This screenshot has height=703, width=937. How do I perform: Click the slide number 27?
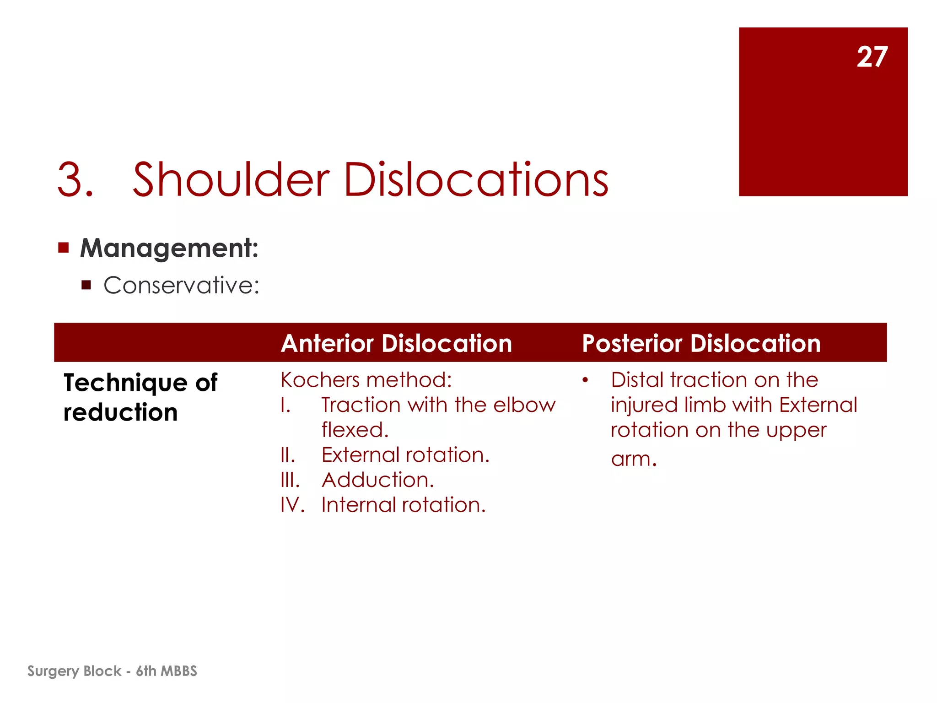click(872, 57)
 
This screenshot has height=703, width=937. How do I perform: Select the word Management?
click(169, 248)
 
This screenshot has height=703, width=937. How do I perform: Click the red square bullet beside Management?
click(64, 248)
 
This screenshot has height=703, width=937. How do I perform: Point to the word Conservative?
click(181, 286)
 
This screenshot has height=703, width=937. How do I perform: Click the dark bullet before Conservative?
click(86, 286)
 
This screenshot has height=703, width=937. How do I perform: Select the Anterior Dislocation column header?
click(396, 343)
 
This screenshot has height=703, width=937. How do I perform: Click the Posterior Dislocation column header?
click(701, 343)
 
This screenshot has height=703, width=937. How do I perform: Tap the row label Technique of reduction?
click(140, 397)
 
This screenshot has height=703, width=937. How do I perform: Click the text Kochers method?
click(366, 380)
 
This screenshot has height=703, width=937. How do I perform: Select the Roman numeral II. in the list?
click(288, 455)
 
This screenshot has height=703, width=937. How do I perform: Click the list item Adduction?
click(377, 480)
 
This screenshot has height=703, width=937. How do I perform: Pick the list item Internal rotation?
click(403, 505)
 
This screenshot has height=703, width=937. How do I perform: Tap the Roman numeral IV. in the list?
click(292, 505)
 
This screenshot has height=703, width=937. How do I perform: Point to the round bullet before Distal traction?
click(585, 380)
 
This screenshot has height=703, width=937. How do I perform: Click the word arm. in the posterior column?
click(634, 459)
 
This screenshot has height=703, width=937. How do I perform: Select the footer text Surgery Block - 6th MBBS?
click(112, 671)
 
